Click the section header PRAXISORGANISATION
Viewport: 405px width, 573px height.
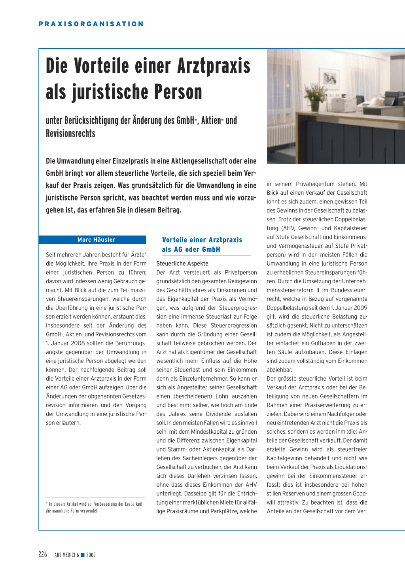(x=91, y=24)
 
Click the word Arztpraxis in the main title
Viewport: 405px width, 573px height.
(x=214, y=66)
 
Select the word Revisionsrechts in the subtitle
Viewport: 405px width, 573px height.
(x=70, y=133)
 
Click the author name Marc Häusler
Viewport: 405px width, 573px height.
(x=96, y=240)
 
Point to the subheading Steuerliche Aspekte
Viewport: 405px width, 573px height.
(x=182, y=264)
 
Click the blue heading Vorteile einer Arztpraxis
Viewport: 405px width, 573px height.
(x=202, y=240)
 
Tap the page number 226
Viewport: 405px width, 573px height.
(x=43, y=554)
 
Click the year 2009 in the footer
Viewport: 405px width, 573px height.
(x=91, y=555)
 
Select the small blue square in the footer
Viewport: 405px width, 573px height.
(x=83, y=555)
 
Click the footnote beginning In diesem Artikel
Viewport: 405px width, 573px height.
(x=94, y=507)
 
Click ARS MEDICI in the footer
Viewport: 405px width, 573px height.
(x=65, y=555)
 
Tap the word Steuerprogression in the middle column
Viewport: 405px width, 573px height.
(x=234, y=326)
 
